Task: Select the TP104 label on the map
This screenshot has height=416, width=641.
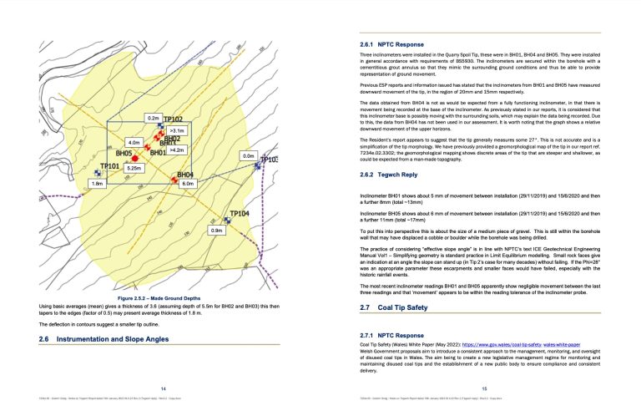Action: tap(239, 214)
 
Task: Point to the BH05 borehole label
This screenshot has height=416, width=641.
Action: tap(124, 154)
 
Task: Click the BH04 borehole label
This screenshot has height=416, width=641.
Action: tap(185, 175)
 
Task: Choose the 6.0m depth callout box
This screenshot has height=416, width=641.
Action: tap(187, 183)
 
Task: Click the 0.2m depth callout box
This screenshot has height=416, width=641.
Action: tap(153, 119)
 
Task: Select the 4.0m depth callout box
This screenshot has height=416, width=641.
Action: tap(134, 143)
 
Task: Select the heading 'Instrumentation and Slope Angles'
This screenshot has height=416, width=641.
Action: tap(118, 337)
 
